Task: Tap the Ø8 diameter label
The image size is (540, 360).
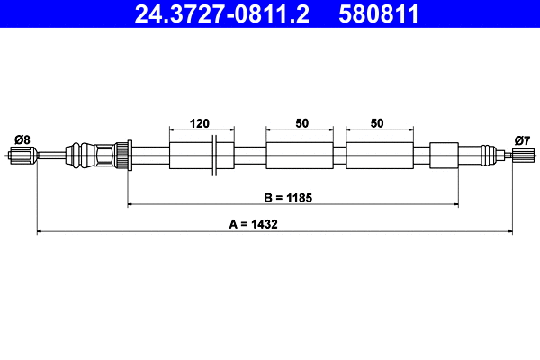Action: (22, 139)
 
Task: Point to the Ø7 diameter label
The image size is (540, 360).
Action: (522, 139)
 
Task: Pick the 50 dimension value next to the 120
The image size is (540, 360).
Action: (300, 122)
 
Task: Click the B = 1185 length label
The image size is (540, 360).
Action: (288, 196)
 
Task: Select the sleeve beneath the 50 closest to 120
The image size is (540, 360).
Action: (300, 155)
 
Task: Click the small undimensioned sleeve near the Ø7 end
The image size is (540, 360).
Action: (445, 155)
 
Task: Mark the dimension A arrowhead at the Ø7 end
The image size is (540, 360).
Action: (508, 233)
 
